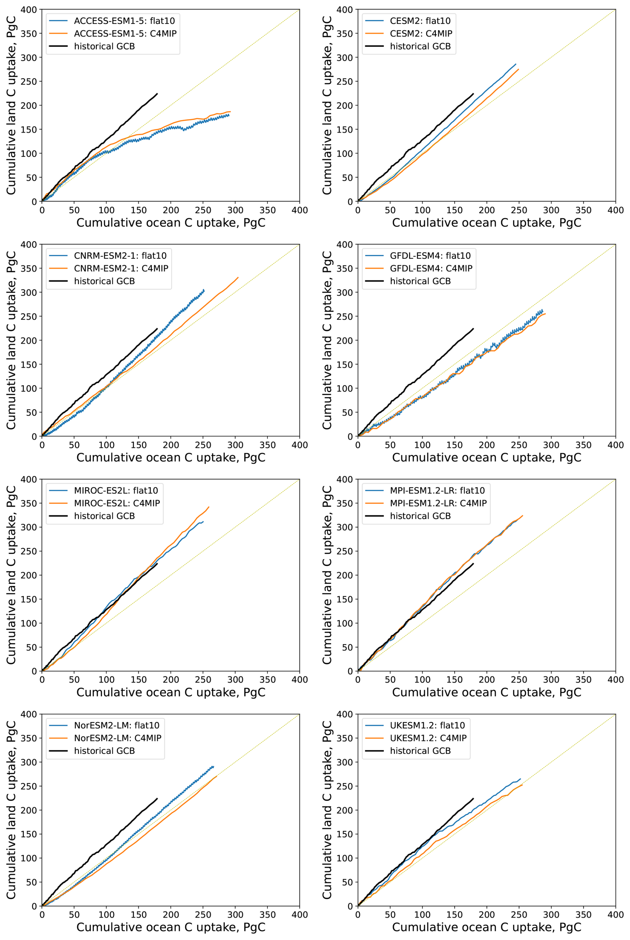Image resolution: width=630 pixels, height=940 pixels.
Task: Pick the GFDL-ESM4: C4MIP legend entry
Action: [431, 268]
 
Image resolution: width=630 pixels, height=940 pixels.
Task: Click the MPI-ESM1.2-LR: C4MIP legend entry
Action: [438, 503]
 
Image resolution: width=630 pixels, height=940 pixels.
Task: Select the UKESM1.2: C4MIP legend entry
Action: [428, 738]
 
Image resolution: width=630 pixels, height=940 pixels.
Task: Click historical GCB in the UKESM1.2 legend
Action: [420, 751]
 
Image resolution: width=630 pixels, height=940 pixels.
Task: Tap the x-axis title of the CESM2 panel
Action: [486, 223]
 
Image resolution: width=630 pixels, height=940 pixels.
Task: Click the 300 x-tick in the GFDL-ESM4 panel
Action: [551, 445]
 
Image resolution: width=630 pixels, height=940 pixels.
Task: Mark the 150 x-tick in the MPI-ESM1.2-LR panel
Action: [455, 680]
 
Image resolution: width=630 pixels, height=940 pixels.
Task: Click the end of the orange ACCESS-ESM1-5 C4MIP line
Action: [230, 111]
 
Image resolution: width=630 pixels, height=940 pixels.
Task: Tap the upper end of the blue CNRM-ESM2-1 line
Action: [204, 290]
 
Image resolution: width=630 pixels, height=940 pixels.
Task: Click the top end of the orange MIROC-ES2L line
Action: [209, 507]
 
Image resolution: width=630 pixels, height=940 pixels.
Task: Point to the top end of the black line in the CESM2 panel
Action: [473, 94]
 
